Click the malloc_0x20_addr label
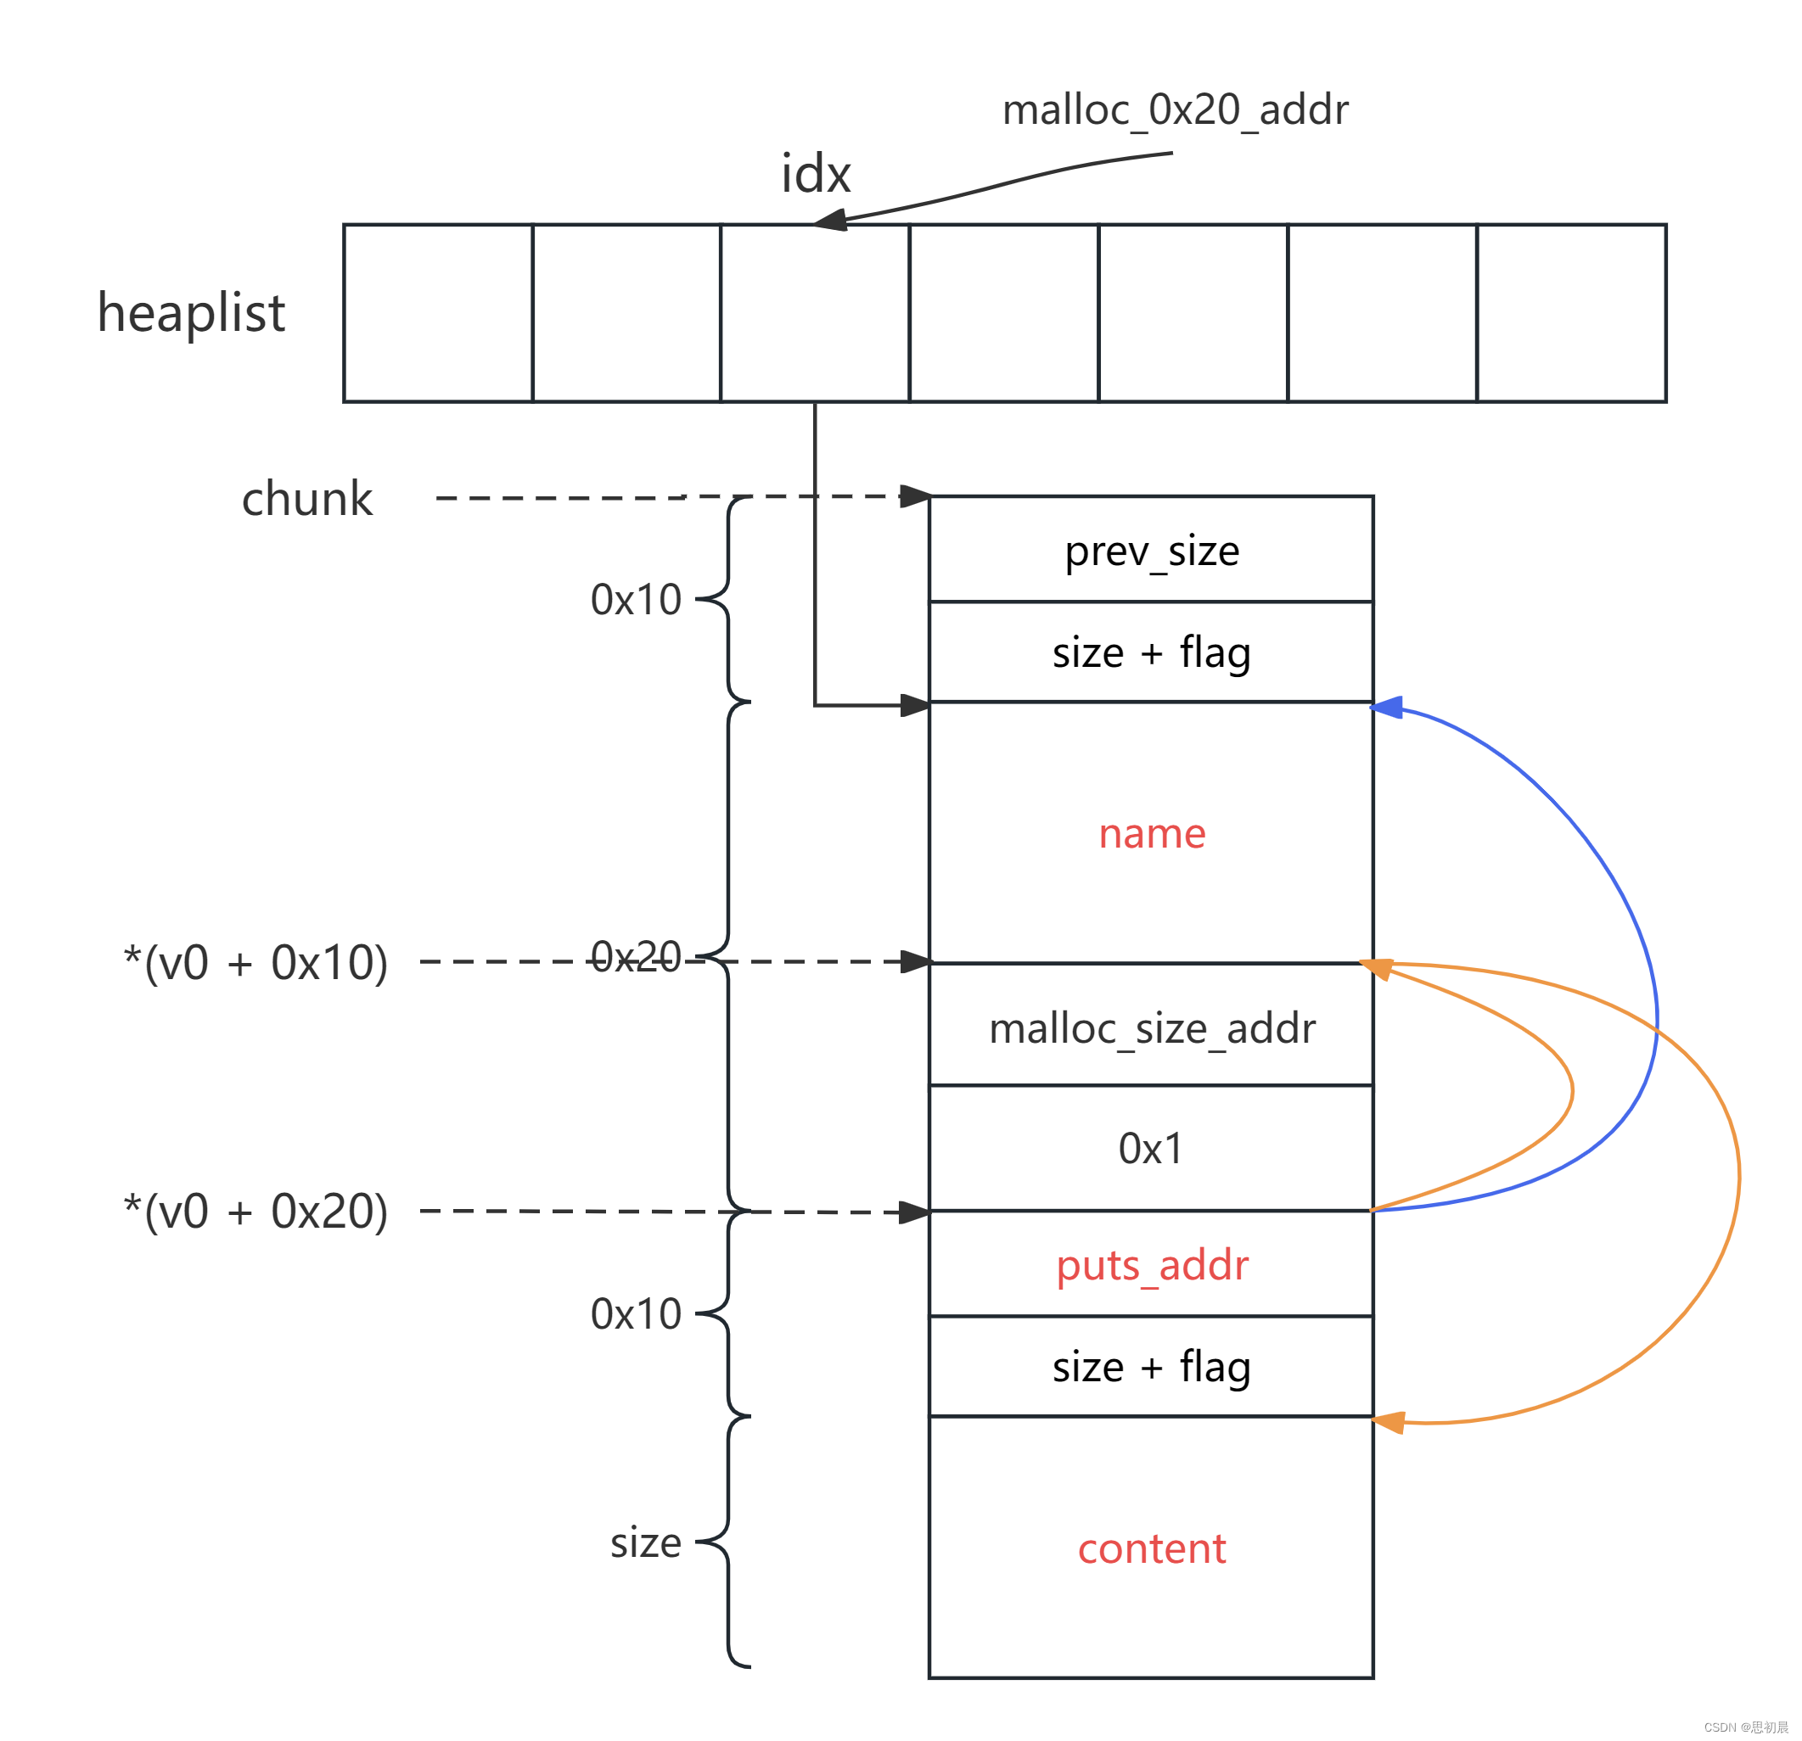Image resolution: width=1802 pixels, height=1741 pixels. tap(1175, 110)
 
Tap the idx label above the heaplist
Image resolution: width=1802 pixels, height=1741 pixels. tap(816, 173)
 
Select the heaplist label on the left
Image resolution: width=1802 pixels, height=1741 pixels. tap(191, 312)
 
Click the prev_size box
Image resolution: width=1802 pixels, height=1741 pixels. tap(1151, 550)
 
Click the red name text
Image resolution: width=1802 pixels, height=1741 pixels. tap(1151, 833)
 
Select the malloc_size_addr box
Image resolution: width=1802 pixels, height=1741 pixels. tap(1151, 1027)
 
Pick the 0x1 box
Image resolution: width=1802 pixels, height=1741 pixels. tap(1151, 1148)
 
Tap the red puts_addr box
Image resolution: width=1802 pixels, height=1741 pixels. tap(1151, 1265)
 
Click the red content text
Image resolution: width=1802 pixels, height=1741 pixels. tap(1151, 1549)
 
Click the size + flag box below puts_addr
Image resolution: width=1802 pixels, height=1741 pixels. tap(1151, 1367)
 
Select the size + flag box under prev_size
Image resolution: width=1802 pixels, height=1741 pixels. tap(1151, 652)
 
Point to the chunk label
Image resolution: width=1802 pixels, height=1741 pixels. tap(306, 499)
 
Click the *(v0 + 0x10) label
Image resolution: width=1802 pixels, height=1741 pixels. tap(255, 962)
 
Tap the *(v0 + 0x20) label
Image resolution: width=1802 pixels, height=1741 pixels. tap(255, 1211)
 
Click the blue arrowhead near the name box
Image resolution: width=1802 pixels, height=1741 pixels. tap(1387, 707)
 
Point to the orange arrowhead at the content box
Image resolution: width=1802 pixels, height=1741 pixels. tap(1389, 1422)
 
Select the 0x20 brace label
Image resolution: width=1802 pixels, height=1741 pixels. tap(635, 956)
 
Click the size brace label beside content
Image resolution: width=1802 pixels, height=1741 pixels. tap(645, 1542)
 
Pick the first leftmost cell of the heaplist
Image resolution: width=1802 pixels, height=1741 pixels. tap(438, 312)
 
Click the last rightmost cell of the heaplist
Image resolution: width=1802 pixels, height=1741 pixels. tap(1571, 312)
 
